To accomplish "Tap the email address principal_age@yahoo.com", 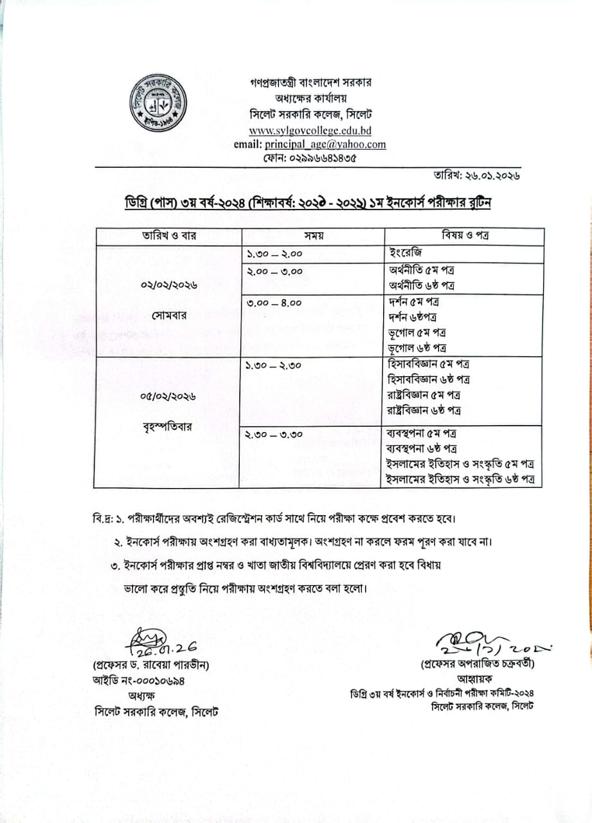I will coord(310,144).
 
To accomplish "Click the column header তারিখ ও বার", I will coord(170,236).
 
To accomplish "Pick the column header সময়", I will coord(312,236).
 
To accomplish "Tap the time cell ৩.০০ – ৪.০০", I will coord(274,302).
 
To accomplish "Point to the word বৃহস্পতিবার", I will coord(170,426).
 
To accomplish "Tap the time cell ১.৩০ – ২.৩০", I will coord(274,365).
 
